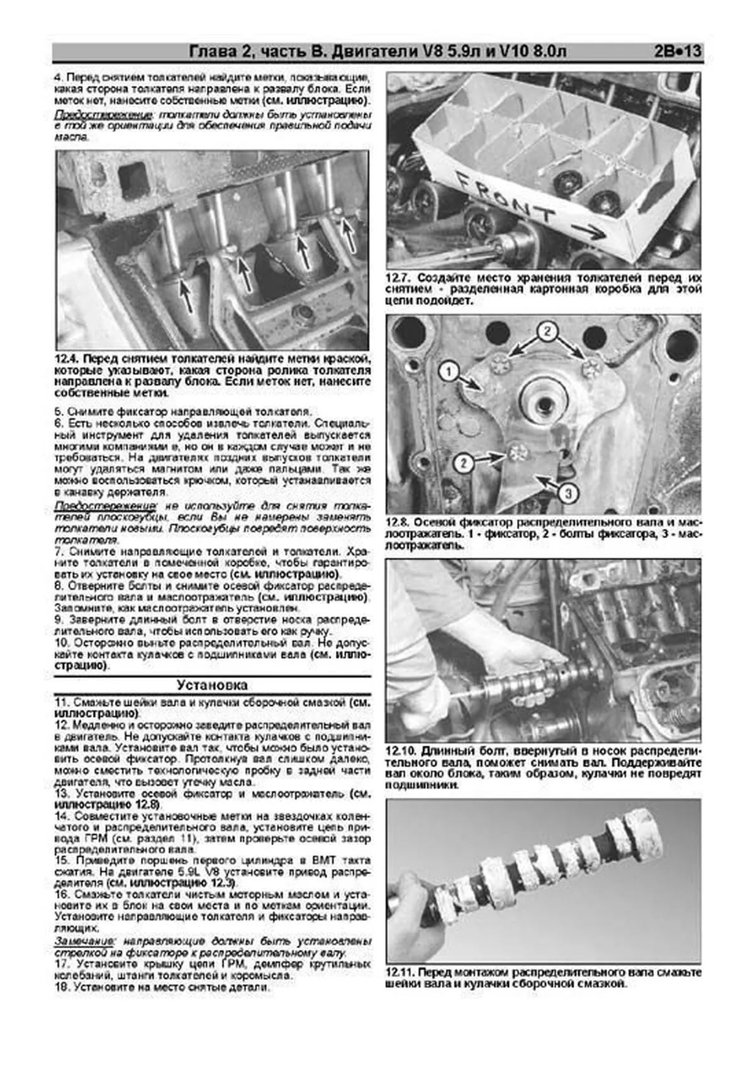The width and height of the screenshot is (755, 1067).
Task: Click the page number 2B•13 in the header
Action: (677, 52)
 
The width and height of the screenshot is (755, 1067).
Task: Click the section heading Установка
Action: (212, 685)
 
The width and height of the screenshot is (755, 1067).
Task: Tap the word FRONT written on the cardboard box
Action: (503, 196)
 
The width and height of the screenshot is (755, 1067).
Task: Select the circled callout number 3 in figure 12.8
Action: (568, 493)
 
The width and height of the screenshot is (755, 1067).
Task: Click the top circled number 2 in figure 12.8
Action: (547, 331)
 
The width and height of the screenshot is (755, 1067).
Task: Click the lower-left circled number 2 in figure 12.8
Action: (463, 463)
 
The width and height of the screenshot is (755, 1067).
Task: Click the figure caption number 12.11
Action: (400, 973)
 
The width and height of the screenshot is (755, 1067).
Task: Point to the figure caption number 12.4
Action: (67, 359)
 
